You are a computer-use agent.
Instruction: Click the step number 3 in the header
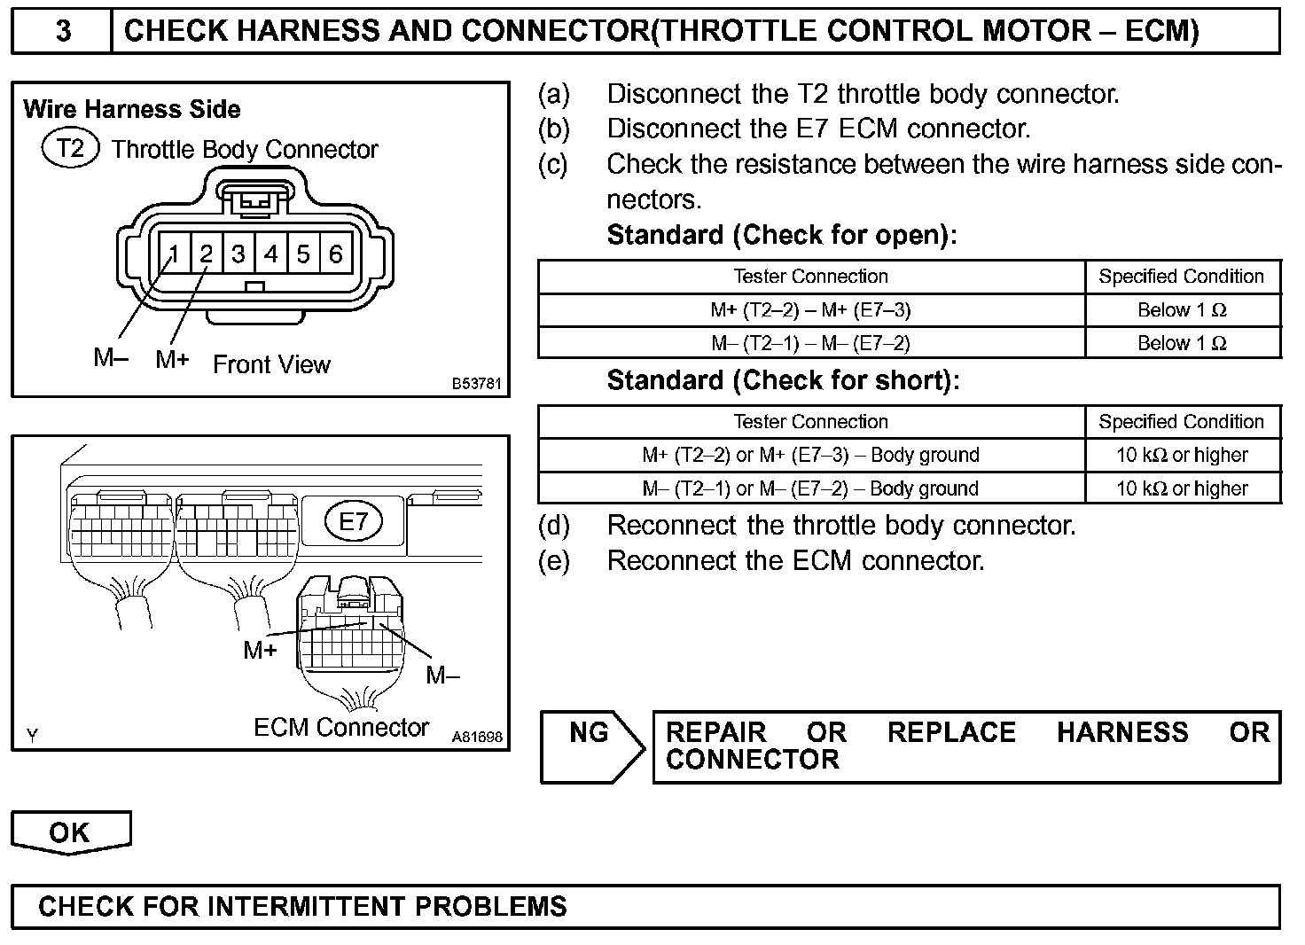point(63,31)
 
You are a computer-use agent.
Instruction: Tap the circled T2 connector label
point(70,148)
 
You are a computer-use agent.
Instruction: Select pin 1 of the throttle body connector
point(174,255)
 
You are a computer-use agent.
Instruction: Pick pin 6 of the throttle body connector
point(336,255)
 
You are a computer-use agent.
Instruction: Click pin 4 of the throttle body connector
point(271,255)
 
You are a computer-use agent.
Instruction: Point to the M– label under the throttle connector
point(111,357)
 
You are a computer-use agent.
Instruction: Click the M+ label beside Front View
point(172,359)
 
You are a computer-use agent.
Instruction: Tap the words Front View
point(271,364)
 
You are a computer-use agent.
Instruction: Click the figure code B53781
point(477,384)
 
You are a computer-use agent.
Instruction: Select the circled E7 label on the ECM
point(353,520)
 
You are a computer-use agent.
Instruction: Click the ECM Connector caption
point(341,728)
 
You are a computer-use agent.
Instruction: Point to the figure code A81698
point(477,737)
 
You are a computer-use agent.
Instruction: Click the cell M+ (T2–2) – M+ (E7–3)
point(810,310)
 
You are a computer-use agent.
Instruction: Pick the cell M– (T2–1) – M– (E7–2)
point(810,343)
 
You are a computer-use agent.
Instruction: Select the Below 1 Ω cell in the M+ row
point(1182,310)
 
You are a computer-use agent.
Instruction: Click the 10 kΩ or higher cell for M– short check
point(1182,488)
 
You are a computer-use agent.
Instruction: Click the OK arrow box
point(70,832)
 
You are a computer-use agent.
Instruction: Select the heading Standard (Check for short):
point(783,380)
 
